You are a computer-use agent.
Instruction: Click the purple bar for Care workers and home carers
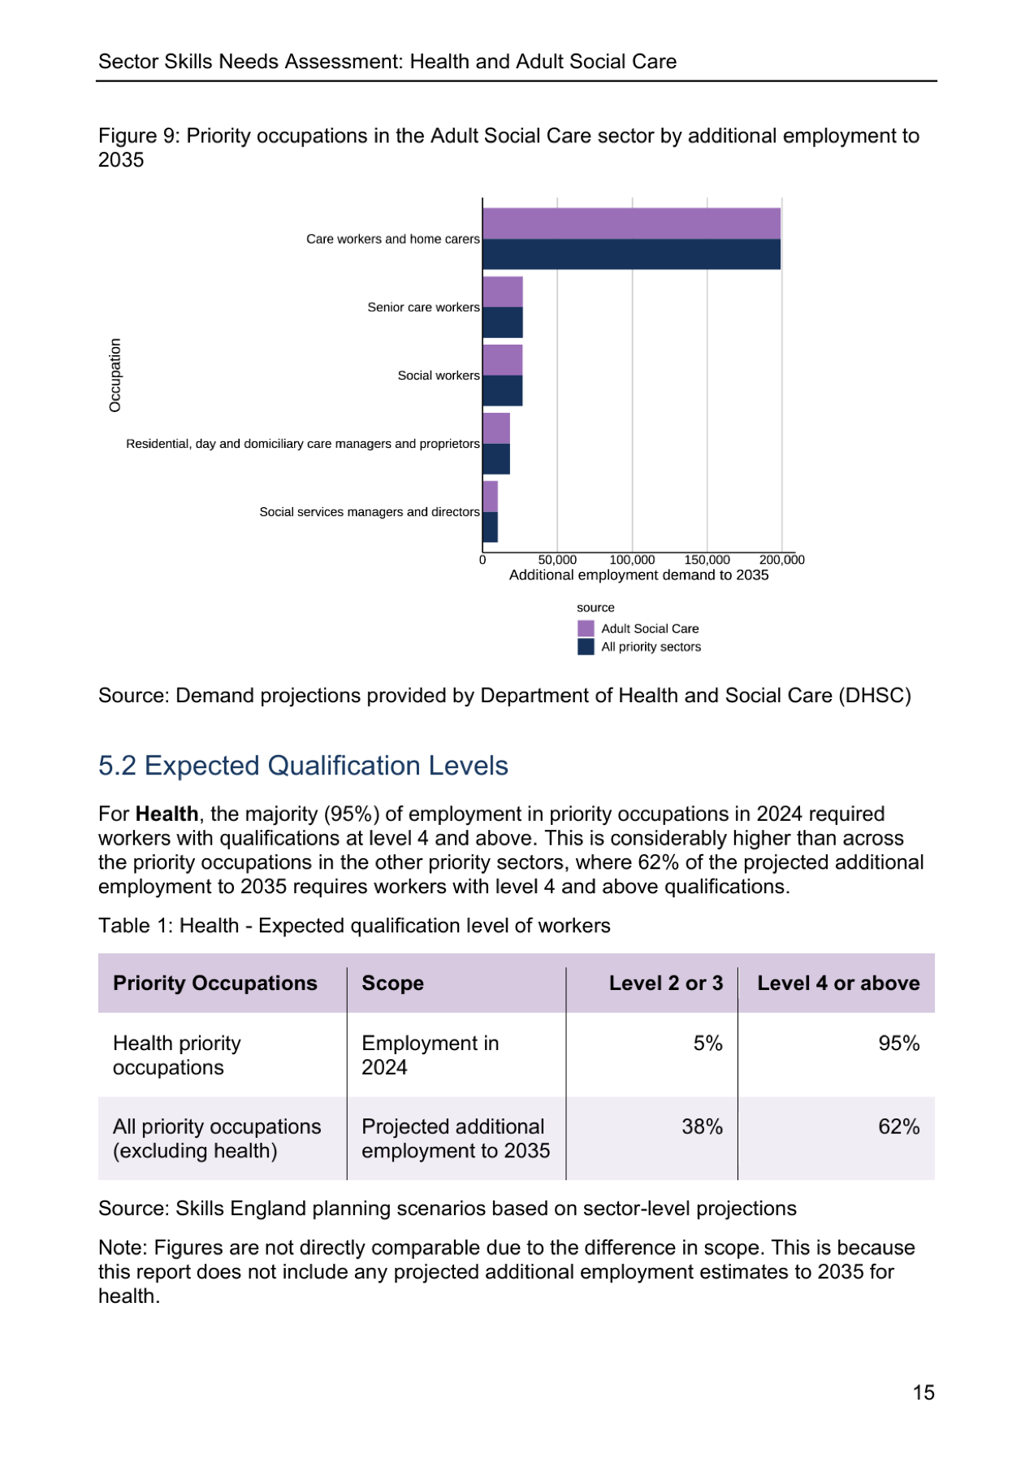click(631, 224)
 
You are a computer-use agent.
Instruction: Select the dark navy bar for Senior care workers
click(503, 323)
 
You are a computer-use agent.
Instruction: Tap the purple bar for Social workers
click(503, 360)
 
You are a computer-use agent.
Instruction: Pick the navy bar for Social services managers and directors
click(491, 527)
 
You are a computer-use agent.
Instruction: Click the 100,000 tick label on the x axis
click(632, 560)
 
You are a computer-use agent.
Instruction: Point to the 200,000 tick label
click(781, 560)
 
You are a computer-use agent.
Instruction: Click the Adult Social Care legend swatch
click(586, 628)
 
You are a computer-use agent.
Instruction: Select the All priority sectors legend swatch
click(586, 647)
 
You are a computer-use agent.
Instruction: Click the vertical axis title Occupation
click(115, 375)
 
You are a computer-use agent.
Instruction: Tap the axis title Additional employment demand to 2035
click(638, 575)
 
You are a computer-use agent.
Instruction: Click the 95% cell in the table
click(899, 1044)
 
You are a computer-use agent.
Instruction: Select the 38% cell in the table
click(703, 1127)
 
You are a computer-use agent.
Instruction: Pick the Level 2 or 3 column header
click(666, 983)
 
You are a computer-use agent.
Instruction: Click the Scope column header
click(392, 983)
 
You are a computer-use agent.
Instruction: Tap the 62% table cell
click(899, 1127)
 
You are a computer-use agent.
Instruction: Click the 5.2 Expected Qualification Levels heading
click(303, 766)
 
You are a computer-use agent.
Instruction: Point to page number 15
click(924, 1393)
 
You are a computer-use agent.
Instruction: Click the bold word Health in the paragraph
click(167, 814)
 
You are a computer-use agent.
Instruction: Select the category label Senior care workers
click(423, 307)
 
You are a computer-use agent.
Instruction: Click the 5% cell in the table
click(708, 1044)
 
